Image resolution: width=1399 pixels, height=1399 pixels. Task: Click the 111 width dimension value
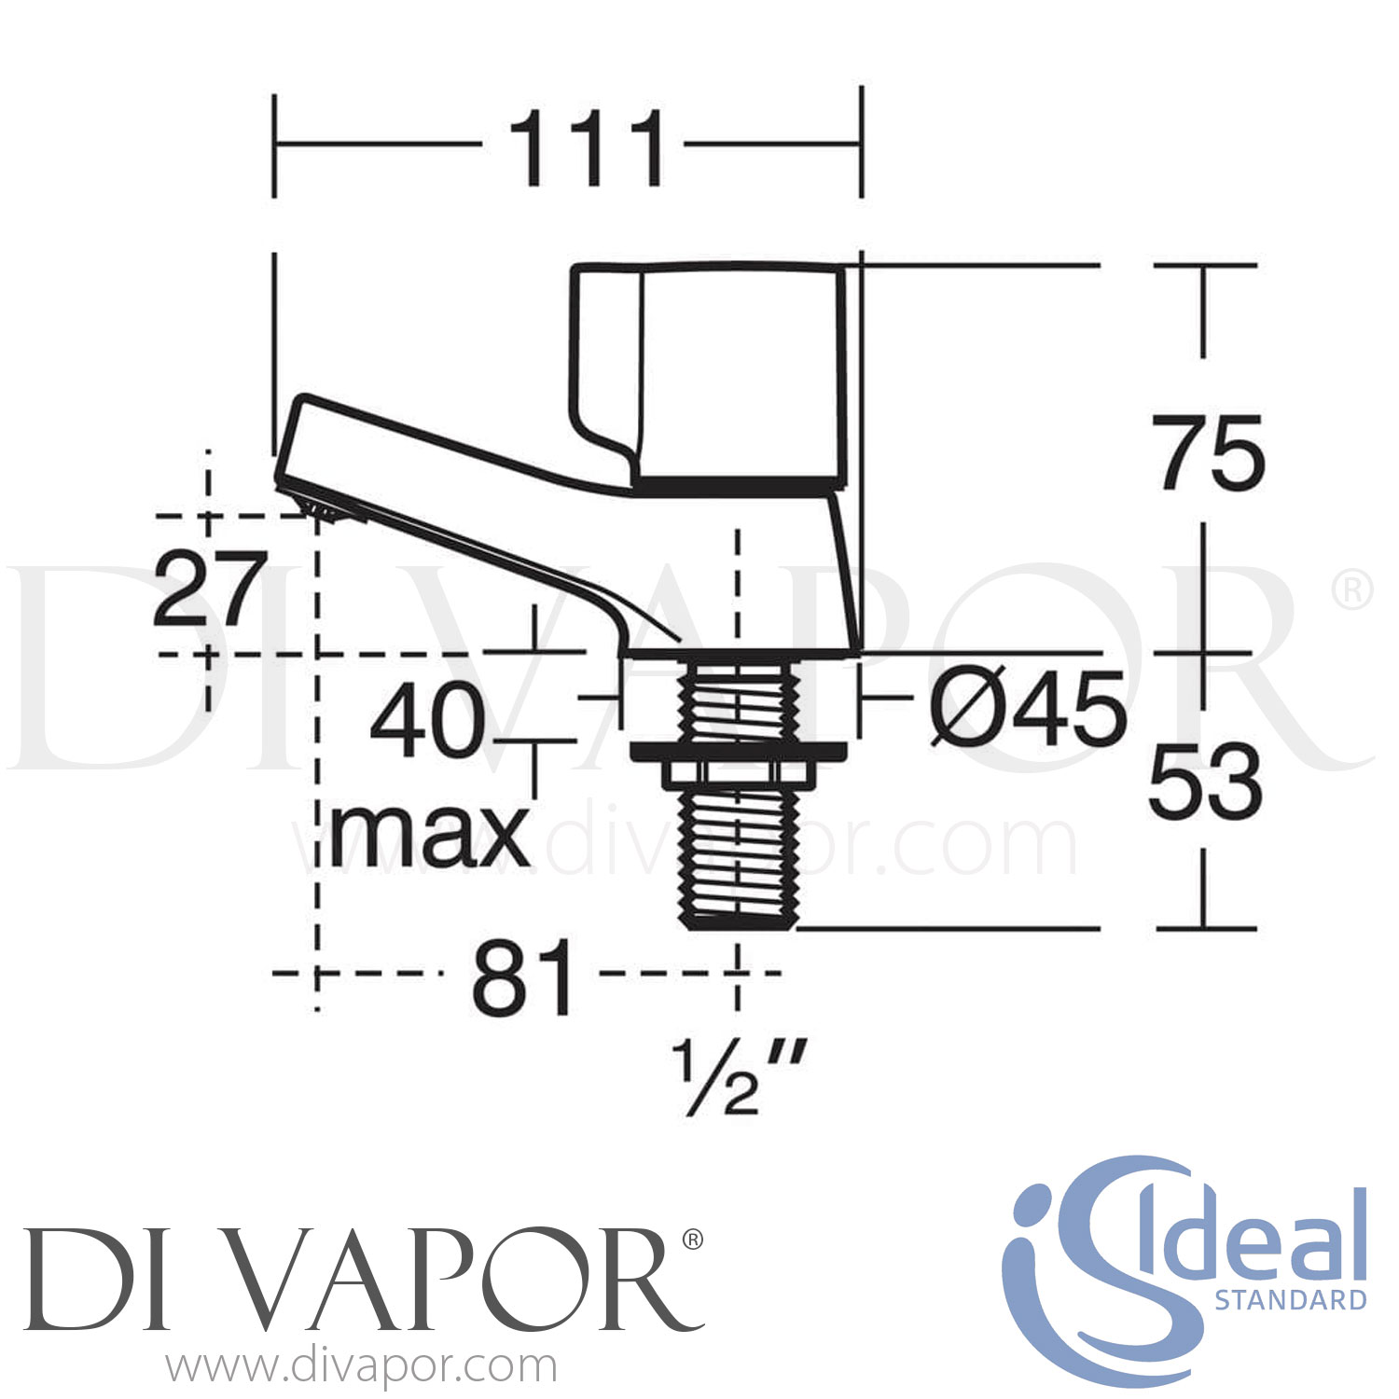[585, 147]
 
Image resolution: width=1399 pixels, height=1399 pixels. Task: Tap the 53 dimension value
[1205, 783]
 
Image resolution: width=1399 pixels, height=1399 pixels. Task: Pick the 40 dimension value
[428, 721]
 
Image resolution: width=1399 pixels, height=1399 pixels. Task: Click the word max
[430, 833]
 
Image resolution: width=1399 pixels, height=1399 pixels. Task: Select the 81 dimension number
[523, 978]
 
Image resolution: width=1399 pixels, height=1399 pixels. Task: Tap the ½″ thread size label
[737, 1079]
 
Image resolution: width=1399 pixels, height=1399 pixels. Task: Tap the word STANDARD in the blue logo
[1290, 1299]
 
